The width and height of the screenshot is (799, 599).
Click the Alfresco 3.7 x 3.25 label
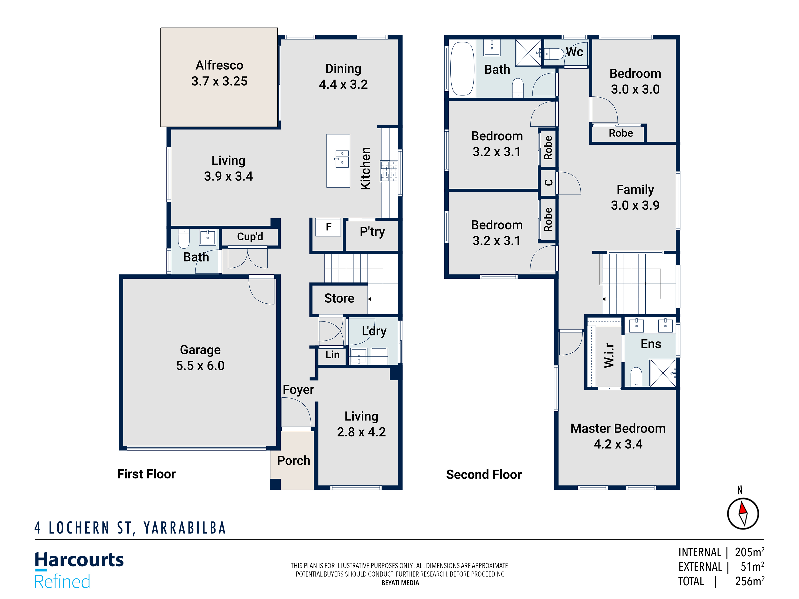pyautogui.click(x=219, y=73)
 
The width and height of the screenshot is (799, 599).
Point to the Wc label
pyautogui.click(x=574, y=52)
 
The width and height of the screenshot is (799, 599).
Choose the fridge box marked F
pyautogui.click(x=328, y=227)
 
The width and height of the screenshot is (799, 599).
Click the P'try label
pyautogui.click(x=372, y=231)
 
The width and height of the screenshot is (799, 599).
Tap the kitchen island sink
pyautogui.click(x=342, y=159)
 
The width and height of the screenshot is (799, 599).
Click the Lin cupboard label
pyautogui.click(x=332, y=355)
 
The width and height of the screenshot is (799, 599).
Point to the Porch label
pyautogui.click(x=293, y=460)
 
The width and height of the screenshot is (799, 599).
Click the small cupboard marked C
pyautogui.click(x=548, y=183)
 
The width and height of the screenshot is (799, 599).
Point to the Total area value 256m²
pyautogui.click(x=749, y=581)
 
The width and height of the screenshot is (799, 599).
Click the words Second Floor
pyautogui.click(x=484, y=474)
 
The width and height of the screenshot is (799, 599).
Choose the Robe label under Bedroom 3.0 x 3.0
pyautogui.click(x=620, y=133)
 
